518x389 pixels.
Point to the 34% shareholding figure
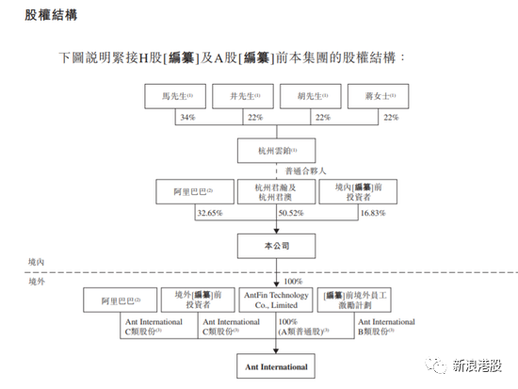tap(186, 118)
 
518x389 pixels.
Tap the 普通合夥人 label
tap(305, 170)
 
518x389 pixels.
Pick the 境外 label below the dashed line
tap(38, 280)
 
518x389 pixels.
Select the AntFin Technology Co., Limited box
tap(277, 300)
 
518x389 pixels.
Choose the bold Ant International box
tap(277, 364)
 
